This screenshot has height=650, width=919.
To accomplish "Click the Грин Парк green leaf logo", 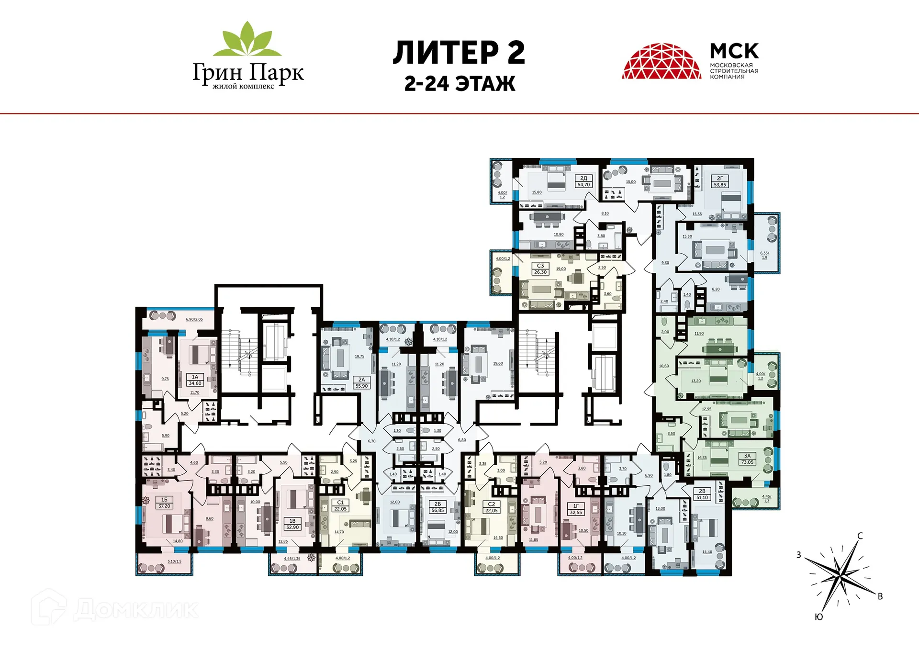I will pos(247,39).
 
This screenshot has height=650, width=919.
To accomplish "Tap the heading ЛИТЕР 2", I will pos(459,53).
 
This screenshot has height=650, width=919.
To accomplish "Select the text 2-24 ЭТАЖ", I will pos(459,84).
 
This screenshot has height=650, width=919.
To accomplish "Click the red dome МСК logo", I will pos(661,61).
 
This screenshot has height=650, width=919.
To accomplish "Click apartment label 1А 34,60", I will pos(195,380).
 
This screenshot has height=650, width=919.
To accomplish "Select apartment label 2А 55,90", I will pos(361,382).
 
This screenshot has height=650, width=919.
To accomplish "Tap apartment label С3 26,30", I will pos(540,269).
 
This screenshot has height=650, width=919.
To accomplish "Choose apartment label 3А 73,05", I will pos(747,459).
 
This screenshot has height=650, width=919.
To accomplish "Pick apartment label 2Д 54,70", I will pos(583,181).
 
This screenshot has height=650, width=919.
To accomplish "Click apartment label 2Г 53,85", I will pos(720,181).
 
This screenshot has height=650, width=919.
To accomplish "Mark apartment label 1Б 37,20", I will pos(164,503).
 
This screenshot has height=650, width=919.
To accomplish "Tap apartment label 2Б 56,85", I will pos(437,507).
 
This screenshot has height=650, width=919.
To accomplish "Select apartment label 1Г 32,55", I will pos(576,509).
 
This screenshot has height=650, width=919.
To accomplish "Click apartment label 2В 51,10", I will pos(702,494).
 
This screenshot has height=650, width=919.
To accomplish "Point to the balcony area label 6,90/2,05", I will pos(194,319).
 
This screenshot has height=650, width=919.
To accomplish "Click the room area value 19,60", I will pos(498,363).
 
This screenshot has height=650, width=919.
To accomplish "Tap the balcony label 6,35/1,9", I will pos(764,255).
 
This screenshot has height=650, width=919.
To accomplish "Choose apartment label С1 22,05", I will pos(340,505).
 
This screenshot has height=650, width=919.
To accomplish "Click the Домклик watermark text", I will pos(135,609).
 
